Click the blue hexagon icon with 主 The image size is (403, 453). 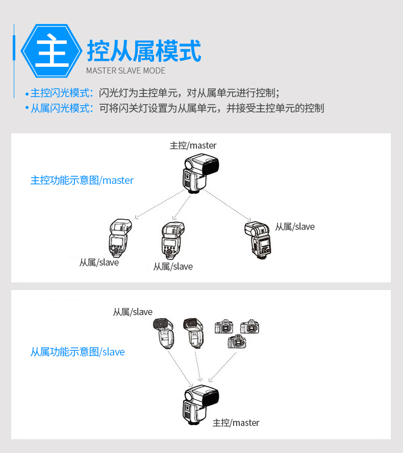(x=52, y=51)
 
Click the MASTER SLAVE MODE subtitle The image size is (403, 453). (x=126, y=71)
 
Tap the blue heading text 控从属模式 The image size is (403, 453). (x=144, y=51)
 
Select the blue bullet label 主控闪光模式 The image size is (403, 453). (x=60, y=93)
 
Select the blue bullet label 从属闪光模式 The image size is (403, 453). (x=60, y=108)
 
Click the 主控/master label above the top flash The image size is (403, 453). (x=193, y=146)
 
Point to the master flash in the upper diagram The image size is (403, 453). (x=200, y=173)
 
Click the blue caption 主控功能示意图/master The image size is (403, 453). (x=82, y=180)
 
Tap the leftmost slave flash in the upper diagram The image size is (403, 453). (x=120, y=239)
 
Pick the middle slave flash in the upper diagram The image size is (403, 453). (x=172, y=241)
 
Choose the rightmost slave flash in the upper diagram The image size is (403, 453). (x=258, y=241)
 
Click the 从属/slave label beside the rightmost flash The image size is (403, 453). (x=295, y=227)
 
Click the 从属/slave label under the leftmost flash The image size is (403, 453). (x=99, y=263)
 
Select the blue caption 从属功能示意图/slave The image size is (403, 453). (x=78, y=352)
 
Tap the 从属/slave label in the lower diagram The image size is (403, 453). (x=133, y=312)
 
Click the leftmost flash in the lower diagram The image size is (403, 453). (x=164, y=333)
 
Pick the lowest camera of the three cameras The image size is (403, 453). (x=237, y=341)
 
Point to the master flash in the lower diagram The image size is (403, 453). (x=200, y=405)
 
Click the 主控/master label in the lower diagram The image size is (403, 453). (x=236, y=423)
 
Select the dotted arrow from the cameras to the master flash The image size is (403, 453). (x=222, y=367)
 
